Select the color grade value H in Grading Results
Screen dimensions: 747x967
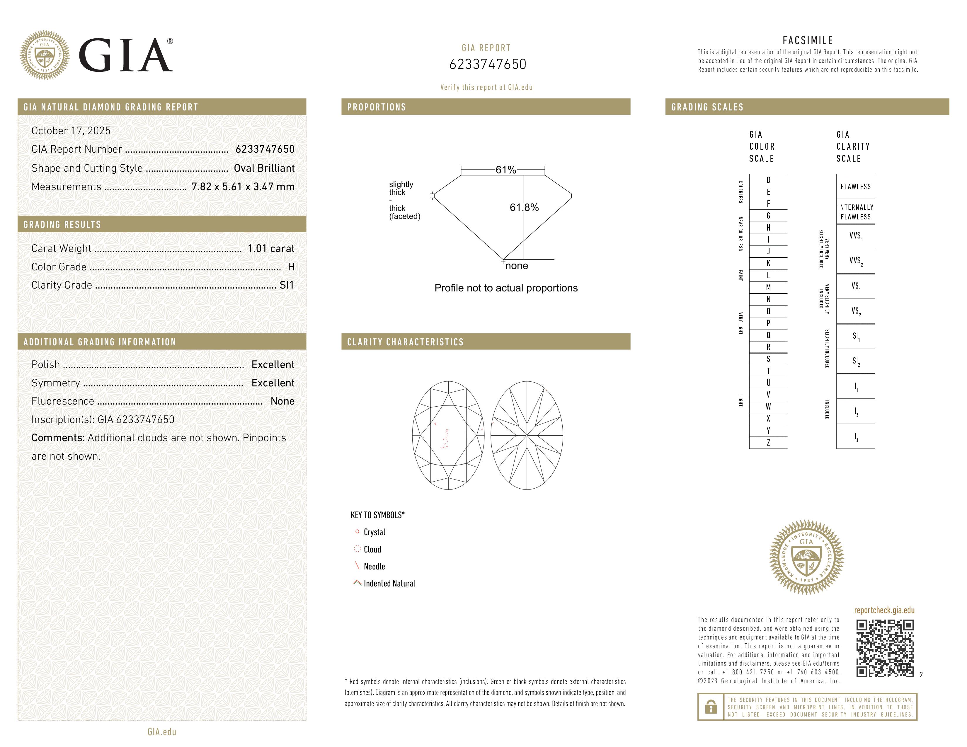(291, 267)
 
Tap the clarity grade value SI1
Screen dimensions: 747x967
(287, 285)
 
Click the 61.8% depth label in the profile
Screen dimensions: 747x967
(524, 208)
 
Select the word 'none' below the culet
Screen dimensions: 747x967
(516, 266)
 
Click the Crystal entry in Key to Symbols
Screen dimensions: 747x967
(374, 532)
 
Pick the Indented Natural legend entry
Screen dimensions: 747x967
(389, 583)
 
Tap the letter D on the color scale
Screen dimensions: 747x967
(768, 180)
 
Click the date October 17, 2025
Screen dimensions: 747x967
(71, 131)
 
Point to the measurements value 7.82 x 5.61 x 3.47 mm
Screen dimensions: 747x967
(243, 187)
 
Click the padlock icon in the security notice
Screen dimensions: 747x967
(711, 707)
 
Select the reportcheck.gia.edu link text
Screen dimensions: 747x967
(884, 610)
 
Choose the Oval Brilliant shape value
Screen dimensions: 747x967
(264, 168)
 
